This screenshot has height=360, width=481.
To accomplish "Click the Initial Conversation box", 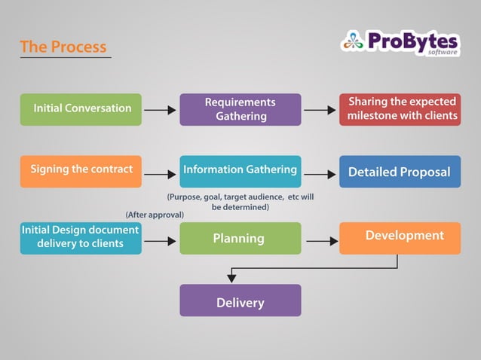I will (81, 108).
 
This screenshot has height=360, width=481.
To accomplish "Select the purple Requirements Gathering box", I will (240, 109).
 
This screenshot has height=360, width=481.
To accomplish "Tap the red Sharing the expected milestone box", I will (400, 109).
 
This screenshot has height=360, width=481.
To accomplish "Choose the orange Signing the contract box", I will (81, 170).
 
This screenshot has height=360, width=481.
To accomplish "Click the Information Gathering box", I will (240, 171).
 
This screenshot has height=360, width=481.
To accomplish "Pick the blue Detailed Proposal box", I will (400, 172).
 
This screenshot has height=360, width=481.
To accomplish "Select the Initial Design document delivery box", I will (81, 237).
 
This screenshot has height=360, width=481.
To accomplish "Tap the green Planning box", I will (240, 238).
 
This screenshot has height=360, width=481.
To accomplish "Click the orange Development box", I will (400, 237).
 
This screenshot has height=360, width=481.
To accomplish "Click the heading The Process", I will (63, 47).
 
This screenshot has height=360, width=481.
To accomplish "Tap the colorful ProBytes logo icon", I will (352, 41).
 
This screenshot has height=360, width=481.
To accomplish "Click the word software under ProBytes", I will (443, 52).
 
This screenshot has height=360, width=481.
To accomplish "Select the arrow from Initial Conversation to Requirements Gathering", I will (160, 110).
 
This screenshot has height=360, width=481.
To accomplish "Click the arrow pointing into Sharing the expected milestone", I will (320, 110).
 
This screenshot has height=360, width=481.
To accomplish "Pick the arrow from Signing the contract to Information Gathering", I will (160, 174).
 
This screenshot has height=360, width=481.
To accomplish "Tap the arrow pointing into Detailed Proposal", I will (320, 174).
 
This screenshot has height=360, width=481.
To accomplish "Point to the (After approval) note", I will (155, 215).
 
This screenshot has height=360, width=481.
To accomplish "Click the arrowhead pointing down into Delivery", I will (231, 279).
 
